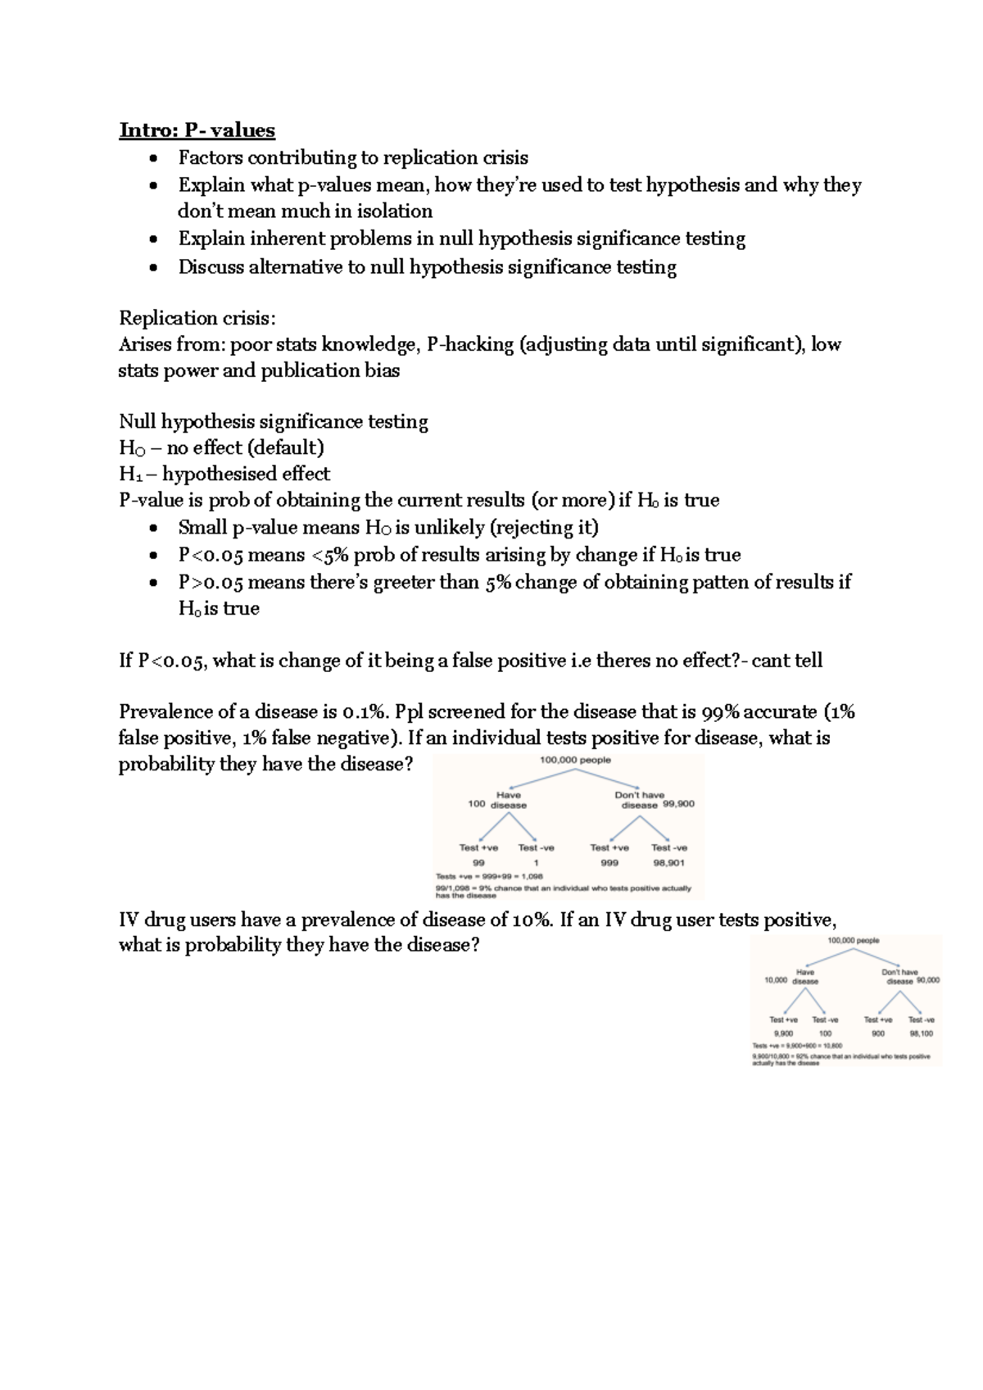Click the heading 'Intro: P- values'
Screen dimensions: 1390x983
coord(197,130)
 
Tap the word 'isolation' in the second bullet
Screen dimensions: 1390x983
coord(394,211)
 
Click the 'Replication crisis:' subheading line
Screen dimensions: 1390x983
coord(197,318)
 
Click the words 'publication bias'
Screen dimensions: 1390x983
coord(330,370)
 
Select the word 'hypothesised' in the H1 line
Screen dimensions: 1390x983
coord(220,474)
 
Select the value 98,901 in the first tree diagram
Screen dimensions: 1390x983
coord(669,863)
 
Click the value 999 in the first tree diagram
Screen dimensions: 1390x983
coord(609,863)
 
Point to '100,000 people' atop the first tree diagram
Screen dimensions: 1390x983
coord(575,760)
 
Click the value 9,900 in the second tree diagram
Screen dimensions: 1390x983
coord(783,1033)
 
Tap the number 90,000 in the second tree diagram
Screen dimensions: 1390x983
coord(928,980)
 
